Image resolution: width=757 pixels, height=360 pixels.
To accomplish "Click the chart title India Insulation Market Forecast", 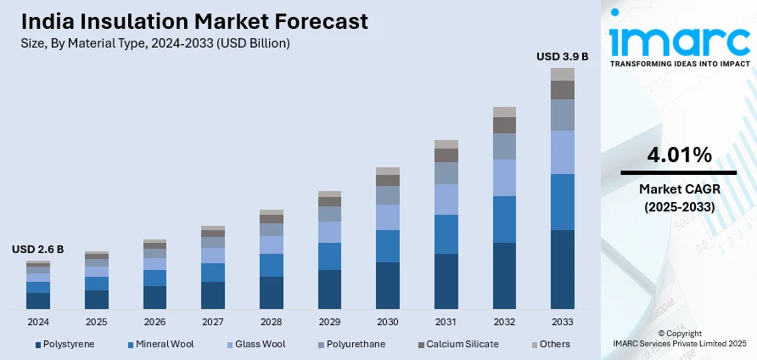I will coord(190,20).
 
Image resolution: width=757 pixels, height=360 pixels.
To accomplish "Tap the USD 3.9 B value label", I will coord(562,57).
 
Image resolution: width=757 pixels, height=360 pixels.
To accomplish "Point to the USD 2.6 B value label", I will coord(37,250).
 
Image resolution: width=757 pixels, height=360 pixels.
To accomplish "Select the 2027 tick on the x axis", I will coord(213,323).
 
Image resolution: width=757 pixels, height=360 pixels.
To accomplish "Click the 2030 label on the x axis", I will coord(388,323).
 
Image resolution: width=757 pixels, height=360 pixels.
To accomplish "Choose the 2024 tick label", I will coord(38,323).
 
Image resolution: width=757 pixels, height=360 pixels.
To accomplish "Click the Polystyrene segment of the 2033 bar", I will coord(563,269).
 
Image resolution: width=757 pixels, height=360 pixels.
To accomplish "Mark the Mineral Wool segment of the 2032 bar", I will coord(504,219).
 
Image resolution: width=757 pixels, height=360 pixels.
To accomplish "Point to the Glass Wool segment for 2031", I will coord(446,200).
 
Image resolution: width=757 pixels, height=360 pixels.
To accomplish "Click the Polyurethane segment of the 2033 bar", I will coord(563,115).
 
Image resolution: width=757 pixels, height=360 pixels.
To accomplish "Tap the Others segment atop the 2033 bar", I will coord(563,74).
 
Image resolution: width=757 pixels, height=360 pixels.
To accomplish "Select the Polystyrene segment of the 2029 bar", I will coord(329,289).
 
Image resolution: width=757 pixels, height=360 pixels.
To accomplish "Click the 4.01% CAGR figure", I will coord(679,155).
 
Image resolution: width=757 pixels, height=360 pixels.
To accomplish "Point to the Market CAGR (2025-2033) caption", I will coord(679,197).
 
